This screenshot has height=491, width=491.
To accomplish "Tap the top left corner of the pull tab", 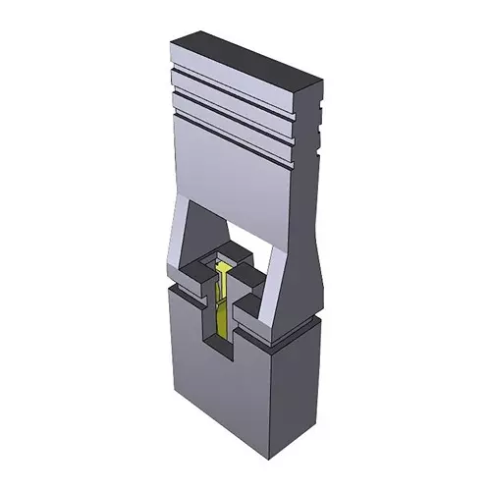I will point(173,40).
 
